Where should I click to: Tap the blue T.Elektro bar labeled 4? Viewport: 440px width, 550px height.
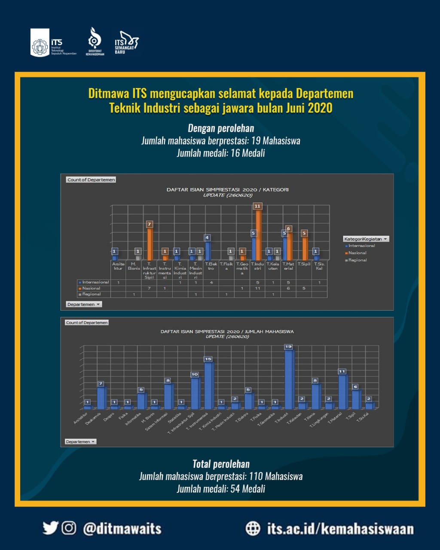tap(208, 251)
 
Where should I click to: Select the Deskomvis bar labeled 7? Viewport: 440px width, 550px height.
tap(101, 397)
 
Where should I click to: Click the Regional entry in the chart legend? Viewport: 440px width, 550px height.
tap(357, 260)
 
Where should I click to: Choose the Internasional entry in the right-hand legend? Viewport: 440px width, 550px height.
tap(361, 246)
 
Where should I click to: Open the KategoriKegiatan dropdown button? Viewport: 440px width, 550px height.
tap(366, 239)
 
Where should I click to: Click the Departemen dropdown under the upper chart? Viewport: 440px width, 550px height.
tap(84, 304)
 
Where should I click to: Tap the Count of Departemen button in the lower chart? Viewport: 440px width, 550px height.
tap(87, 322)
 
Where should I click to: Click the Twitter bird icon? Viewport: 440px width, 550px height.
tap(50, 528)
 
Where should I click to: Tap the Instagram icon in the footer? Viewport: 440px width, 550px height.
tap(69, 528)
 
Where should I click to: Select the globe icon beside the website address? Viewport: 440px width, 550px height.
tap(253, 528)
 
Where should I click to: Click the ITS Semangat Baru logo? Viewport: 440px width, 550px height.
tap(126, 43)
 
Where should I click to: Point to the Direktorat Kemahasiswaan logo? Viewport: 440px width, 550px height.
tap(95, 42)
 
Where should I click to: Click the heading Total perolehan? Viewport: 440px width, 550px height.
tap(221, 464)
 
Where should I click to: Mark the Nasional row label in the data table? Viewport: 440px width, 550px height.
tap(91, 288)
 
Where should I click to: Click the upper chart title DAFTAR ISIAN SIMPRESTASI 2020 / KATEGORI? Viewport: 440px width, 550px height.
tap(227, 189)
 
